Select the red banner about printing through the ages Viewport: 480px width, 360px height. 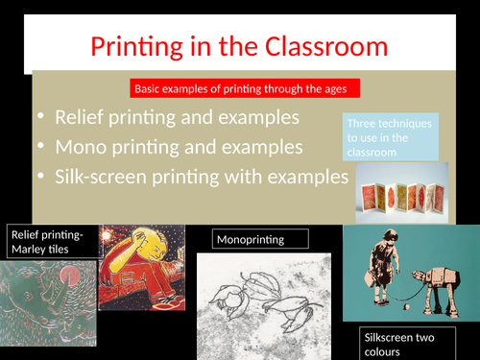tap(244, 89)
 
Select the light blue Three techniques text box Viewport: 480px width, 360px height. tap(390, 138)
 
